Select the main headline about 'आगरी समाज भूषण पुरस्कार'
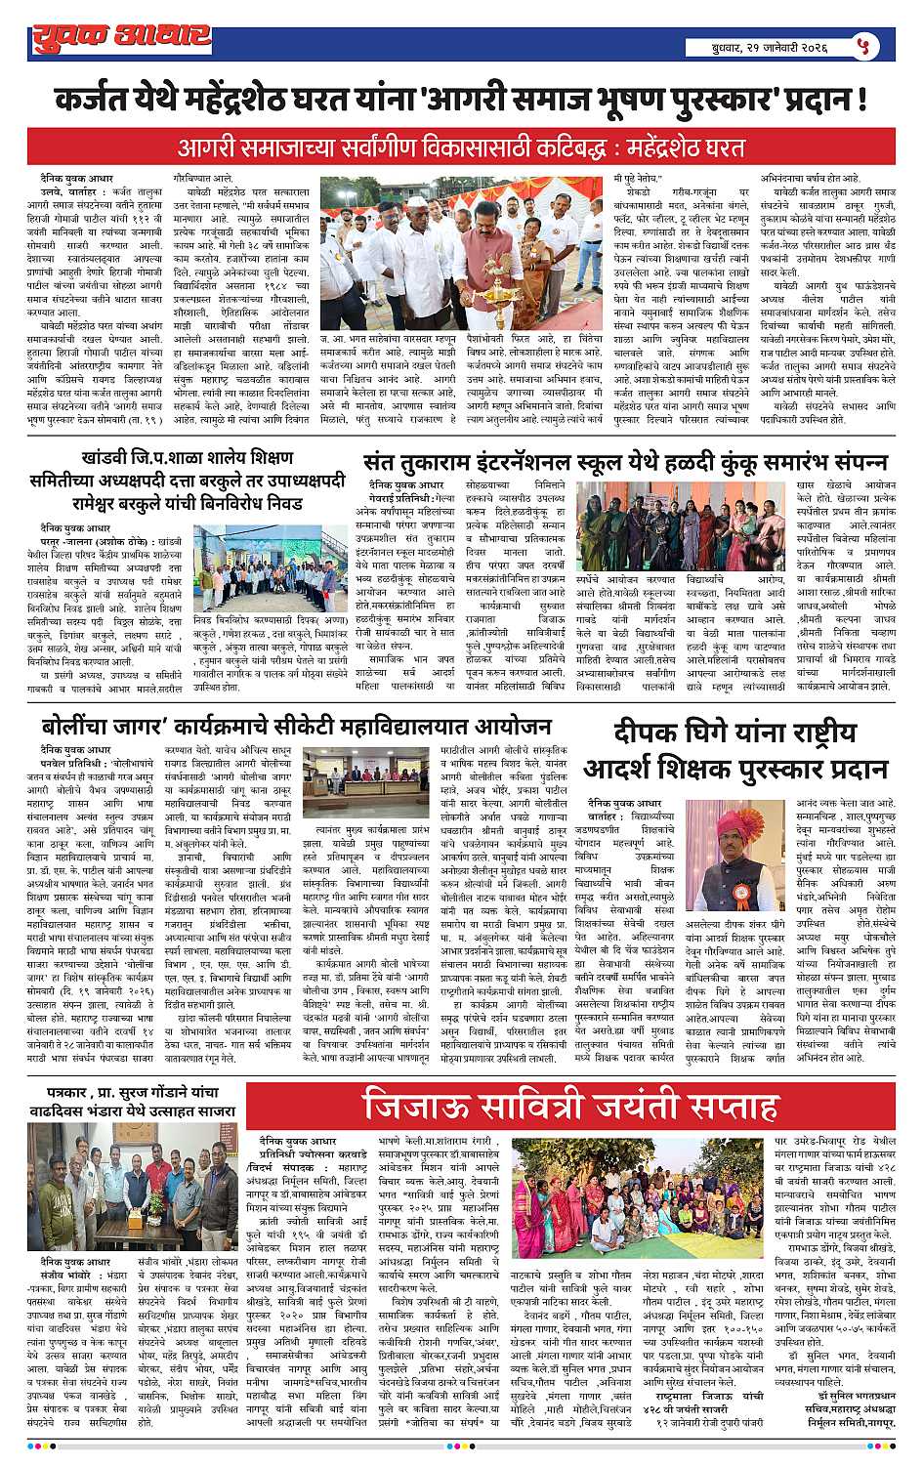[x=460, y=101]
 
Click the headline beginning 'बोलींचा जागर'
[x=297, y=728]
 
